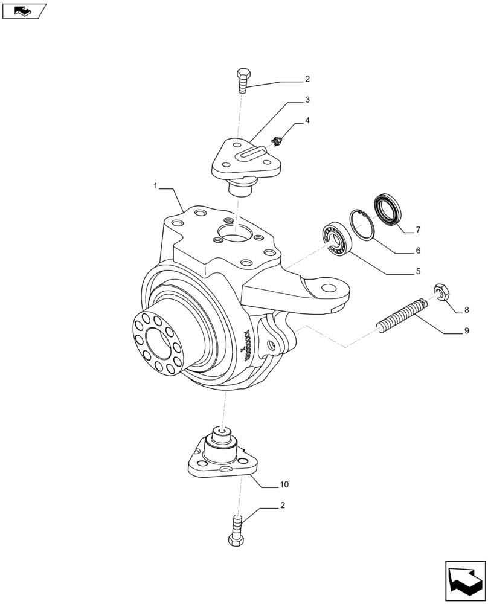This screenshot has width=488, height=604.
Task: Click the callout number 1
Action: point(156,187)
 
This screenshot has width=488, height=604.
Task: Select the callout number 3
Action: point(307,100)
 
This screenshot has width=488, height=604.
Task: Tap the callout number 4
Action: point(307,121)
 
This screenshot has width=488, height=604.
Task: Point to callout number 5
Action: point(418,272)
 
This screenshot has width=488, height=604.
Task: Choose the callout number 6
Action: point(418,250)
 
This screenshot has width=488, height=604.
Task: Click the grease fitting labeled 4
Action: point(277,143)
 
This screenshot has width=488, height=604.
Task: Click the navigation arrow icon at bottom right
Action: point(465,581)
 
